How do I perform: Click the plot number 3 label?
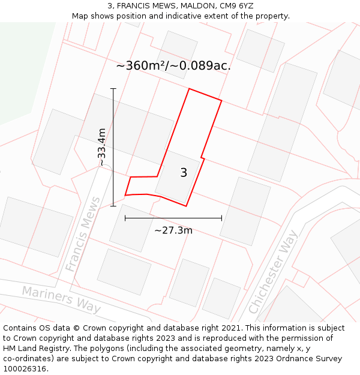point(184,173)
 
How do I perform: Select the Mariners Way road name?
point(61,299)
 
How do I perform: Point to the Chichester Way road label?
point(274,272)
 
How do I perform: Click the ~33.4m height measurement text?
point(102,147)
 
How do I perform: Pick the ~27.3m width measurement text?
point(173,230)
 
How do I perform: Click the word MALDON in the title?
point(189,6)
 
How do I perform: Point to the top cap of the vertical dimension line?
point(113,89)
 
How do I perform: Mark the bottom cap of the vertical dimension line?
point(113,206)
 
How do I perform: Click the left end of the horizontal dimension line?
point(125,218)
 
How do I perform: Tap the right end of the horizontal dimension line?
point(221,218)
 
